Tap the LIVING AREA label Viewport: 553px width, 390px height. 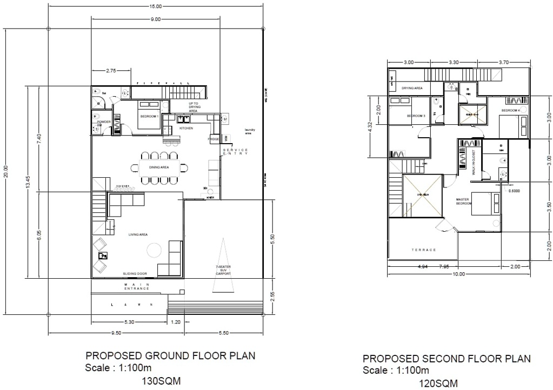138,234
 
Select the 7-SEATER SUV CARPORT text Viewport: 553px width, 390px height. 223,271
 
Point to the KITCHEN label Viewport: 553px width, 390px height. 186,129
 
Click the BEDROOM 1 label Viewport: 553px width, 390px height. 149,117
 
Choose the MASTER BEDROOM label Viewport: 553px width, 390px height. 463,201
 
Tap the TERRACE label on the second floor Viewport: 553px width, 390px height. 423,250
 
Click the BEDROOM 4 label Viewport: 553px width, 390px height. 510,111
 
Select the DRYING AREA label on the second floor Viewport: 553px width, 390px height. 412,88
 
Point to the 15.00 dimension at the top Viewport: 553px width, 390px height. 155,6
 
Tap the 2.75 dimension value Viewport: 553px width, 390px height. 111,70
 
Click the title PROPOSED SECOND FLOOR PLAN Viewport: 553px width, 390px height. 447,359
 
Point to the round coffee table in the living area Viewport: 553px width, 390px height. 155,250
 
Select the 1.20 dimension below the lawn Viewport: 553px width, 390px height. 176,322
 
